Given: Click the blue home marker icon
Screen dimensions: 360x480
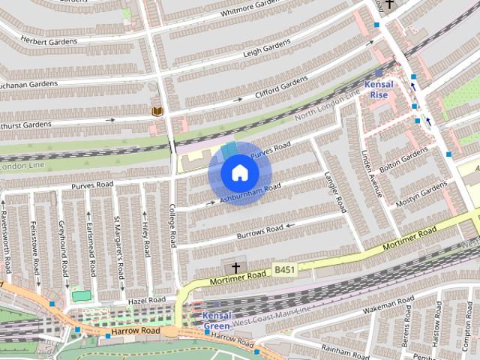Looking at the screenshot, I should click(x=239, y=173).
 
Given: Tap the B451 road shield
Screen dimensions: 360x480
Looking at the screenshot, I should click(x=283, y=268).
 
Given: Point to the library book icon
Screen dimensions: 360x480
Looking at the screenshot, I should click(x=157, y=112).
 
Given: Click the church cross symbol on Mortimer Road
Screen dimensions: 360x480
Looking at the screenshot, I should click(x=235, y=267).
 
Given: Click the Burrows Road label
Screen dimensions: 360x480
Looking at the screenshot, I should click(x=259, y=229).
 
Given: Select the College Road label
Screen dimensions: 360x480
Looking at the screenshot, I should click(x=172, y=225).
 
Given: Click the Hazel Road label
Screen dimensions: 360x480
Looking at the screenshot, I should click(x=141, y=299).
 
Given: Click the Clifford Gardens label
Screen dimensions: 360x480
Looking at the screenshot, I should click(x=281, y=88).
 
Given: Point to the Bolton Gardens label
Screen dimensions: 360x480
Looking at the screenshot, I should click(x=403, y=162).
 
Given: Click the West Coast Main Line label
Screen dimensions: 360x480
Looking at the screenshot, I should click(x=269, y=316).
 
